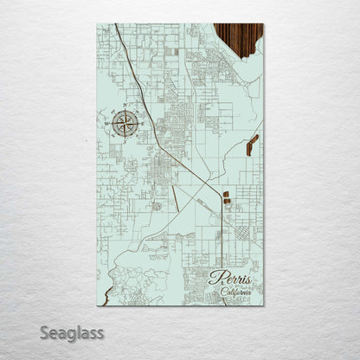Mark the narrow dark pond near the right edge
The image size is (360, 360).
tap(252, 145)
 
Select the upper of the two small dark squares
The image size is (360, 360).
tap(226, 195)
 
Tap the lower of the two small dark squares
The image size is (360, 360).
tap(227, 203)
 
